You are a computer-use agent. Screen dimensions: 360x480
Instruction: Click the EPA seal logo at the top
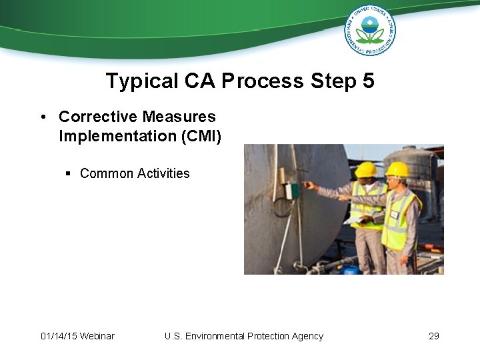click(x=370, y=30)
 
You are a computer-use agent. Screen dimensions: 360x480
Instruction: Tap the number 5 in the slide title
click(x=368, y=81)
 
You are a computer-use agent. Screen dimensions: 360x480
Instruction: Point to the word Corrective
click(x=97, y=117)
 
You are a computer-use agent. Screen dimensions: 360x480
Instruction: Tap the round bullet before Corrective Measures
click(x=43, y=117)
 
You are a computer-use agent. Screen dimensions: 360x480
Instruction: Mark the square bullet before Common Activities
click(x=69, y=174)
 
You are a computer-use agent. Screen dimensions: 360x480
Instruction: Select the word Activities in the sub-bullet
click(x=163, y=173)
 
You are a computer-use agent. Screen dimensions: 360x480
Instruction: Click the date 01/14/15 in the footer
click(x=59, y=336)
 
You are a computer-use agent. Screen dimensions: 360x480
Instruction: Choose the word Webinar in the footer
click(x=97, y=336)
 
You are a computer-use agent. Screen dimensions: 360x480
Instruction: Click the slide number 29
click(x=434, y=336)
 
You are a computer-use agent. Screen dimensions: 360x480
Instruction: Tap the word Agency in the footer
click(x=307, y=336)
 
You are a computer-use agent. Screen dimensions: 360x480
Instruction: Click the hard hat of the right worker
click(x=397, y=169)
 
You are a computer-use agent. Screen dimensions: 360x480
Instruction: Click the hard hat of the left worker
click(x=365, y=169)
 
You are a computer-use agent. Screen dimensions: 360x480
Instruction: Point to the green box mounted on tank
click(x=292, y=191)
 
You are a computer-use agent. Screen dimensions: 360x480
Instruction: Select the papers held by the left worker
click(x=353, y=219)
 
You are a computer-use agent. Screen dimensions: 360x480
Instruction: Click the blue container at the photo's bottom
click(x=349, y=269)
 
